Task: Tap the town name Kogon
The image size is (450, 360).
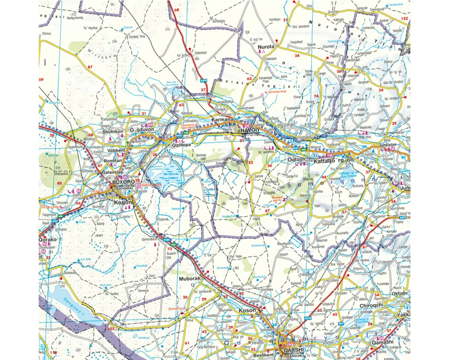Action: coord(122,202)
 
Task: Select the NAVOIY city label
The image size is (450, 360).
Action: coord(251,130)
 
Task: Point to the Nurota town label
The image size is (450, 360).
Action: coord(266,46)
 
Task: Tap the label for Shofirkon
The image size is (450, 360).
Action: coord(113,131)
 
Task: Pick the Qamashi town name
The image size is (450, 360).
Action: coord(382,342)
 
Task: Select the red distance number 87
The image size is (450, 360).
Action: coord(90,67)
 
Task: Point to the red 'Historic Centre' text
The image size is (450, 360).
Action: coord(151,184)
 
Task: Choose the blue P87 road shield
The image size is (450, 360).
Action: coord(341,323)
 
